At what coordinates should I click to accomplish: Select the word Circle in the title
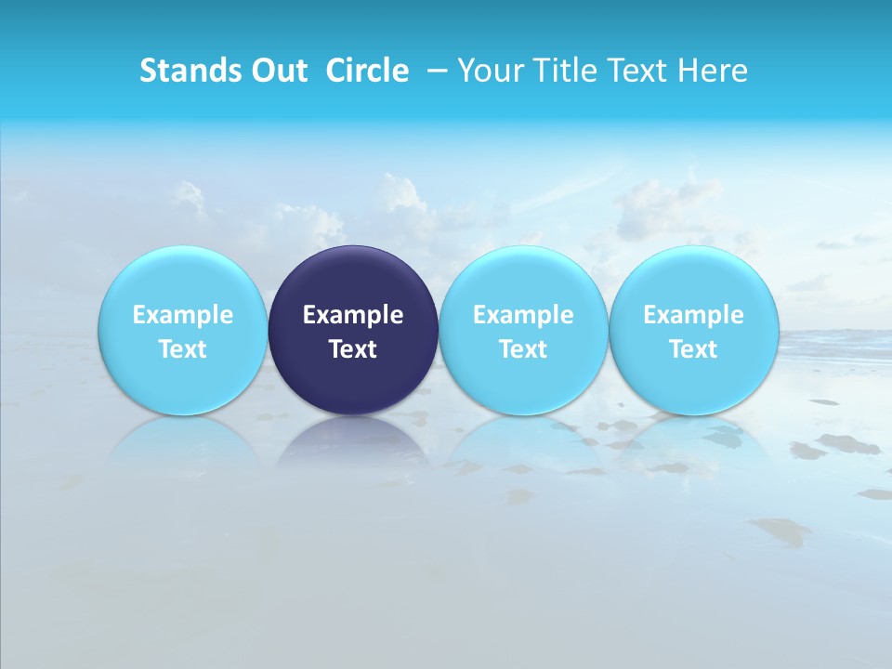coord(367,71)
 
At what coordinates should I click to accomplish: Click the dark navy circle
coord(353,279)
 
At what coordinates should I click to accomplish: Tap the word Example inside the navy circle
coord(353,315)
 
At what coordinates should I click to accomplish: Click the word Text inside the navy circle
coord(353,349)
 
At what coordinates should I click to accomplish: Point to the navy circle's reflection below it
coord(353,441)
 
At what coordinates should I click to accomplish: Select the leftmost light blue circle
coord(182,279)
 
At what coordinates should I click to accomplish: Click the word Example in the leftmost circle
coord(182,315)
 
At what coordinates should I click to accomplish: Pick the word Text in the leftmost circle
coord(182,349)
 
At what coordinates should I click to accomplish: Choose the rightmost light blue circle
coord(694,279)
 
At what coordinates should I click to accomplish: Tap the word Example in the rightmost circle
coord(694,315)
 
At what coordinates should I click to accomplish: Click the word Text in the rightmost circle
coord(694,349)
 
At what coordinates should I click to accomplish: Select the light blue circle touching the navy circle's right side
coord(523,279)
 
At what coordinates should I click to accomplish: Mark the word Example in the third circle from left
coord(523,315)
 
